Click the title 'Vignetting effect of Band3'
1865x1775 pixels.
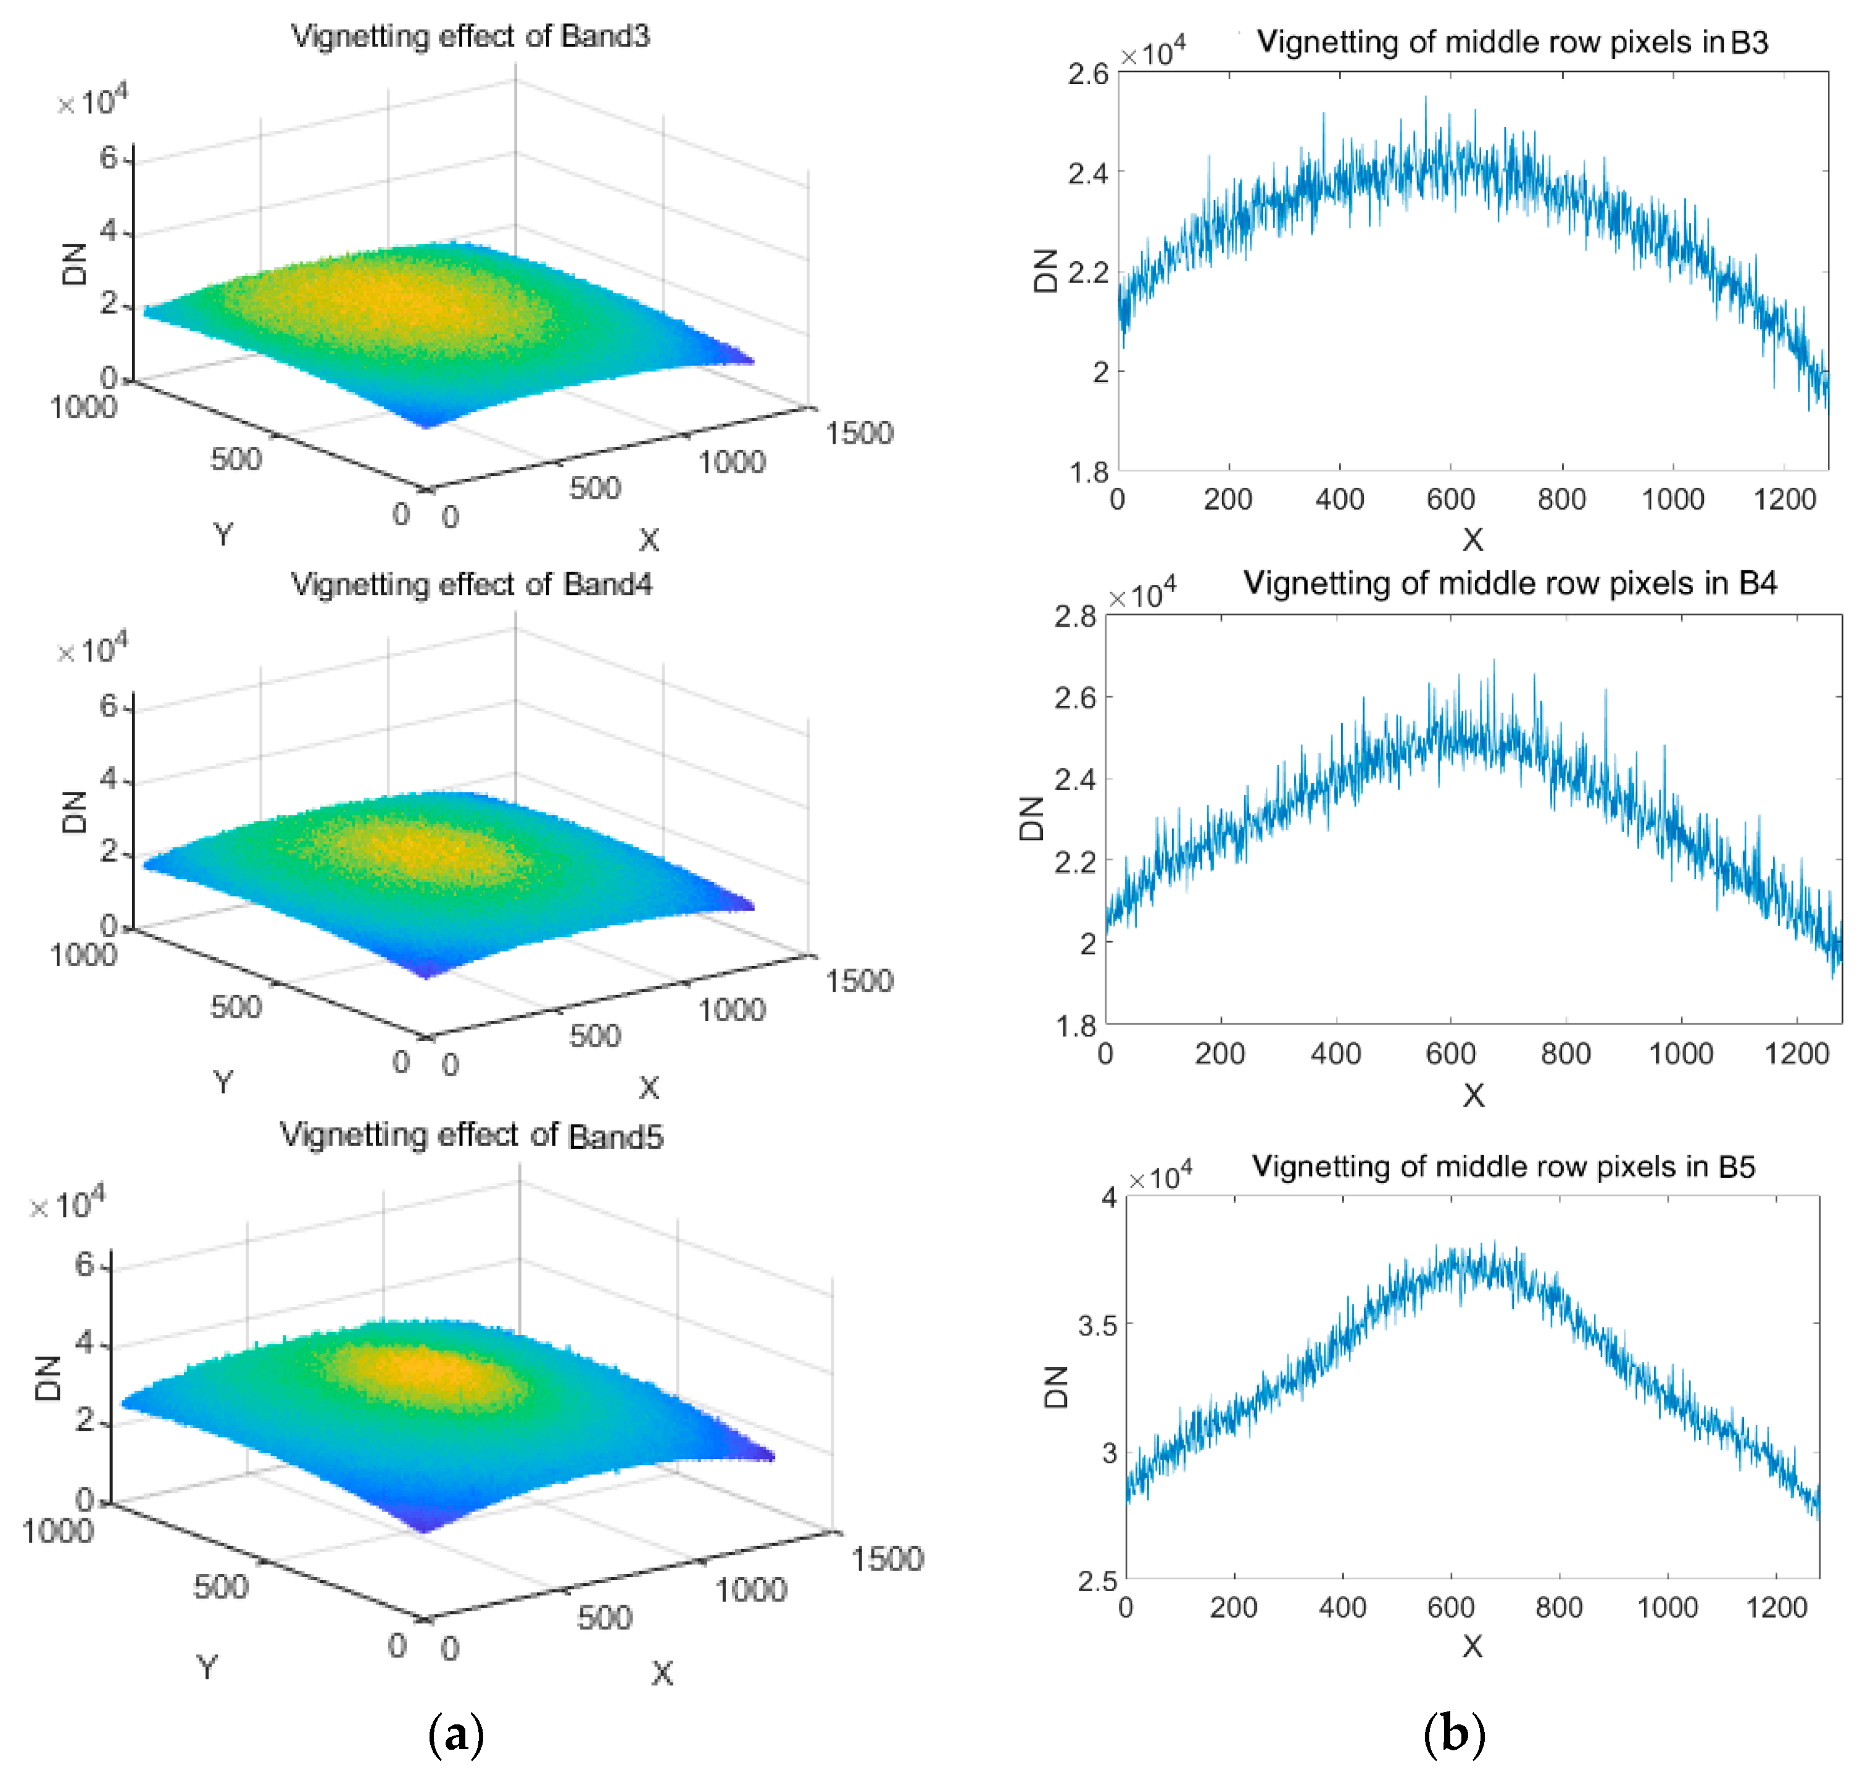(x=470, y=36)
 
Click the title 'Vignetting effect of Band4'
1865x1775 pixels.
(x=471, y=584)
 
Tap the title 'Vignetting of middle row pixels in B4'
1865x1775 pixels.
(x=1510, y=583)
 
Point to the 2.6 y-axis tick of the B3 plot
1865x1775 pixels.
(x=1087, y=74)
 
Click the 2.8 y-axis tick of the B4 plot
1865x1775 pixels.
(x=1075, y=617)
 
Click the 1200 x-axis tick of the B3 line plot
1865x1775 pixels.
(x=1785, y=499)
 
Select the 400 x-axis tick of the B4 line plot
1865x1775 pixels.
(x=1335, y=1053)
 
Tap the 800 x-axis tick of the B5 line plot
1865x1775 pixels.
(x=1558, y=1607)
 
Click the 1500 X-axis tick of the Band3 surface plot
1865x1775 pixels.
(x=858, y=433)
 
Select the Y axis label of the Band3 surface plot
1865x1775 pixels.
(x=222, y=534)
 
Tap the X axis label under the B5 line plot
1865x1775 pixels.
(x=1472, y=1647)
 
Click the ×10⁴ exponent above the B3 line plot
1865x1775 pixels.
(x=1152, y=52)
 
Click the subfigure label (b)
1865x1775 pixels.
(x=1455, y=1734)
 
